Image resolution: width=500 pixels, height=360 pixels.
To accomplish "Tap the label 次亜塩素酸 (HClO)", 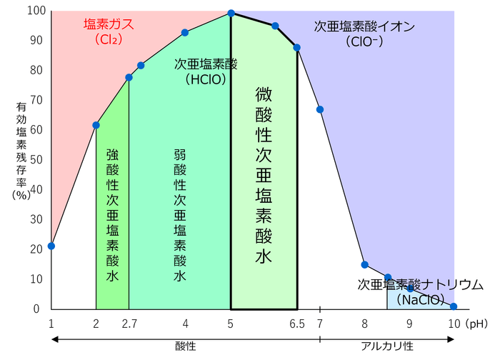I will pyautogui.click(x=206, y=71).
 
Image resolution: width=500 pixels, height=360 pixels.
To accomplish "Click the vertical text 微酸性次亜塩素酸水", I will pyautogui.click(x=263, y=175).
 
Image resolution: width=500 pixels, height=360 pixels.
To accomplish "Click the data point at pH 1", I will pyautogui.click(x=51, y=246).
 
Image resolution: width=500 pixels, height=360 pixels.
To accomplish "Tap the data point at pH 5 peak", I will pyautogui.click(x=231, y=13).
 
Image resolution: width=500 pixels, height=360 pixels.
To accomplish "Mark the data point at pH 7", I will pyautogui.click(x=320, y=109).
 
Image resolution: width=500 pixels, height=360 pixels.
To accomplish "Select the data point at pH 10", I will pyautogui.click(x=454, y=306).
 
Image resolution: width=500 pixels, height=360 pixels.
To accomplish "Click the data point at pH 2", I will pyautogui.click(x=96, y=125).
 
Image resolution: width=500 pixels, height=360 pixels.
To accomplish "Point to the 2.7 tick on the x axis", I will pyautogui.click(x=129, y=324).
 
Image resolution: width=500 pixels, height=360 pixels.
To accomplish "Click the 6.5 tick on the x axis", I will pyautogui.click(x=297, y=324).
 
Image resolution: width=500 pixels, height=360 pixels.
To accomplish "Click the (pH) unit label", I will pyautogui.click(x=476, y=324).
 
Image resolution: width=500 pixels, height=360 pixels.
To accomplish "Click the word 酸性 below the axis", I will pyautogui.click(x=185, y=346).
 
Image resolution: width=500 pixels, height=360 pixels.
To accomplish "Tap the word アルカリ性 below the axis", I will pyautogui.click(x=387, y=346).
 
